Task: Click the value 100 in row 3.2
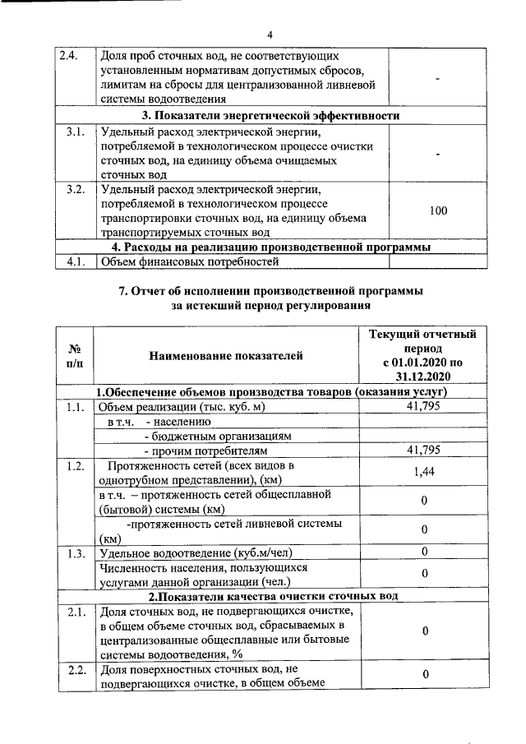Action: pos(438,211)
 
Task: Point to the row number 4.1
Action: pos(75,262)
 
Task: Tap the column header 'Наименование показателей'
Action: pos(226,355)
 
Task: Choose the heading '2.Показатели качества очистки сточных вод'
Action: pos(272,595)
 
